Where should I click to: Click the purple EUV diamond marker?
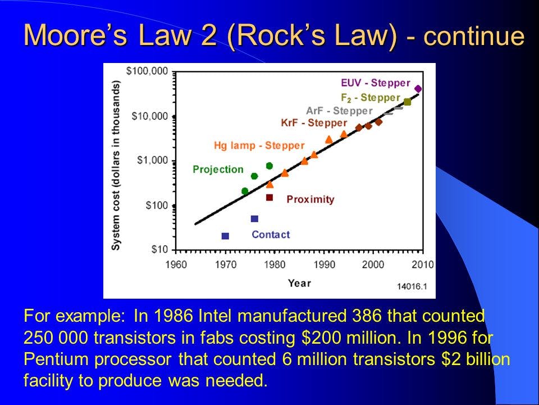418,89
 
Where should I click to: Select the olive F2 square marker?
408,102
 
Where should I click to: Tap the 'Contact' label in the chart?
271,235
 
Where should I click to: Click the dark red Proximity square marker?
269,197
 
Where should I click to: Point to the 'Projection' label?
218,169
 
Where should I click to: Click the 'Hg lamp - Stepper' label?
259,145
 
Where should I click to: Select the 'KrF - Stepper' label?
314,123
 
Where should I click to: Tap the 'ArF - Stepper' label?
339,111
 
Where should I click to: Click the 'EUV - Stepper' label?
376,83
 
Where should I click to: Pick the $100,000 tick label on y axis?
147,71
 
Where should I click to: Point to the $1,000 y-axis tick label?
152,160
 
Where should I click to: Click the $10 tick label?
160,249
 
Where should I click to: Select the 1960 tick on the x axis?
176,264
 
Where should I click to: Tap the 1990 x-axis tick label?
324,264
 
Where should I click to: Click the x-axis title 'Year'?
299,283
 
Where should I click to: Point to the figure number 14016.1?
412,286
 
